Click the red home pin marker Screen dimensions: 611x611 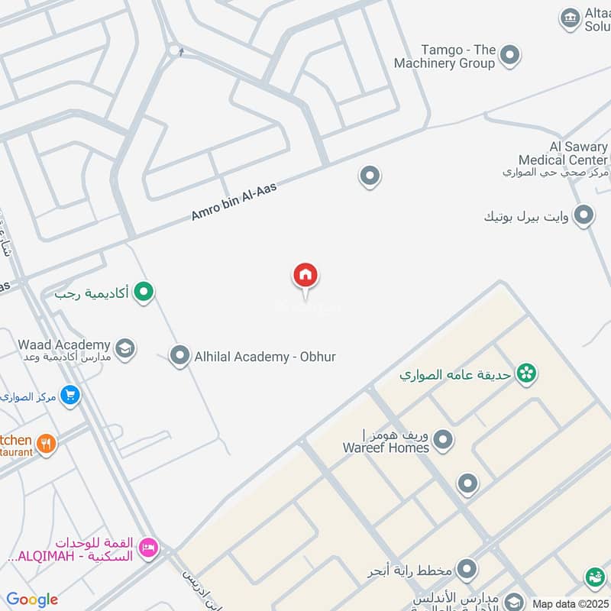click(x=305, y=276)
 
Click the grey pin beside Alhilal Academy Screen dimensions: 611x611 click(x=179, y=355)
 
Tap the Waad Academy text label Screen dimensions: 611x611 click(x=64, y=345)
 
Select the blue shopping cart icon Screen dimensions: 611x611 click(x=70, y=396)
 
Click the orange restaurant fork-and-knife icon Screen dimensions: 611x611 click(x=47, y=443)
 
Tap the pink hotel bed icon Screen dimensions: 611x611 click(x=149, y=547)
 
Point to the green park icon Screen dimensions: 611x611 click(x=525, y=373)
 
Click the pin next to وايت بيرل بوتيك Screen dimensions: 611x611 click(x=584, y=215)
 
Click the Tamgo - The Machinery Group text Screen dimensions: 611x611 click(x=445, y=57)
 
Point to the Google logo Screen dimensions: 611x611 click(x=33, y=600)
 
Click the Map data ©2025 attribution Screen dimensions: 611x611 click(x=570, y=603)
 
